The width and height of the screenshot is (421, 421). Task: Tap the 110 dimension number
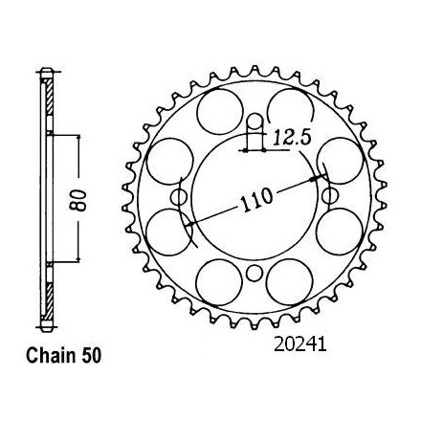click(x=255, y=201)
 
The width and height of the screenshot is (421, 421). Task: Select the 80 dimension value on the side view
click(x=78, y=201)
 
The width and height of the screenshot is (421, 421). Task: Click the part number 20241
click(x=300, y=345)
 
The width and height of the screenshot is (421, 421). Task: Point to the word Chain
click(x=51, y=356)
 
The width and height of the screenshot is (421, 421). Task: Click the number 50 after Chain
click(x=91, y=356)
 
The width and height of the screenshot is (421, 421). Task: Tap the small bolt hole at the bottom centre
click(x=255, y=273)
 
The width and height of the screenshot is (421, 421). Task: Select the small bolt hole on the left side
click(x=179, y=198)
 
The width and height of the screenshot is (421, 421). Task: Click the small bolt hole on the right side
click(x=330, y=196)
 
